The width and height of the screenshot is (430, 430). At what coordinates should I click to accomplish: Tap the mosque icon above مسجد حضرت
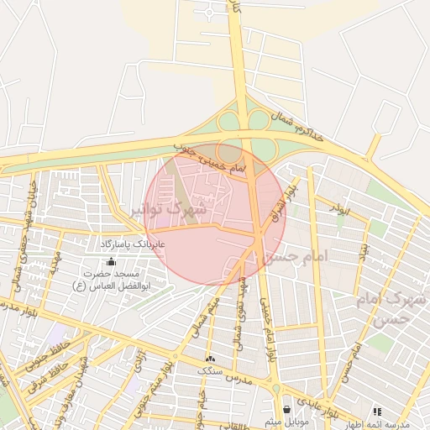click(x=111, y=261)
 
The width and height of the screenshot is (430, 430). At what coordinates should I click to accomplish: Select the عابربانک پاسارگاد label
click(x=134, y=243)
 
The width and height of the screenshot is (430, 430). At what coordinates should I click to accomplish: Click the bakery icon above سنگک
click(x=209, y=359)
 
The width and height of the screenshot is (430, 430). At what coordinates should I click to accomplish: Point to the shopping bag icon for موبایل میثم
click(x=289, y=409)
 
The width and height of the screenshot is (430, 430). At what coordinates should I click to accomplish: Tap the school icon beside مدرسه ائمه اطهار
click(x=377, y=412)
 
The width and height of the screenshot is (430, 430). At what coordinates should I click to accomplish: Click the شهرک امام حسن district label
click(x=397, y=308)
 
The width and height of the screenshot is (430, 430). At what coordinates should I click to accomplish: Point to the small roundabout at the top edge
click(x=209, y=13)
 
